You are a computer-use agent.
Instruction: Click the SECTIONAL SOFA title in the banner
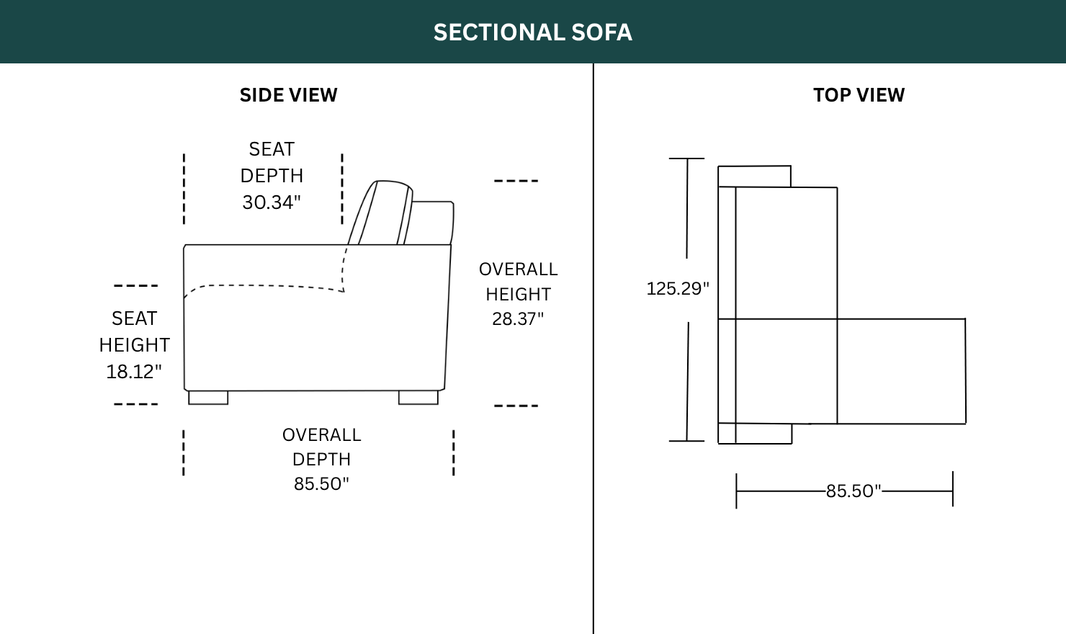532,32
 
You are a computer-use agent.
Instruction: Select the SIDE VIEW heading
288,95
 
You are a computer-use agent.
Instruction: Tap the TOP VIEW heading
859,95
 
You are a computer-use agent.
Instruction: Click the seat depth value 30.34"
272,202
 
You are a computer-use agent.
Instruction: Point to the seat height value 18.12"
134,372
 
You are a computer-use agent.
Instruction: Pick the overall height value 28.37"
518,319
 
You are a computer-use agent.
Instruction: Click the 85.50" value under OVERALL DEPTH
321,483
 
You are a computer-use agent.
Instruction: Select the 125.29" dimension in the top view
678,288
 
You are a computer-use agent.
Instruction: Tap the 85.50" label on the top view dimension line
854,491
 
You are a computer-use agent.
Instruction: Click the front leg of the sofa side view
208,398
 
